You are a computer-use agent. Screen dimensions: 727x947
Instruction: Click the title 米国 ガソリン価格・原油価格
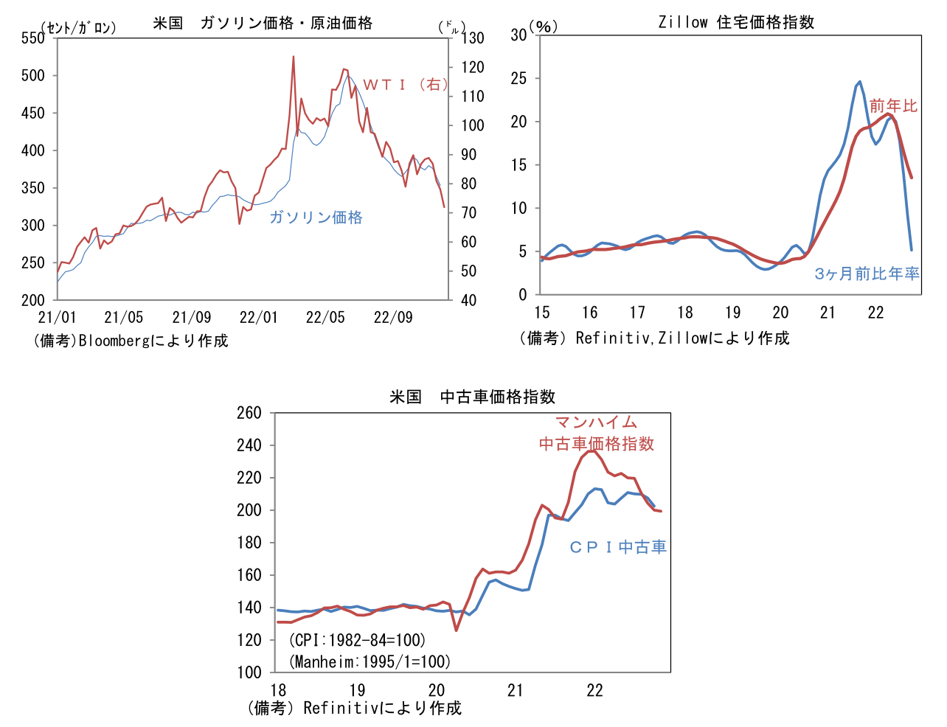(x=263, y=23)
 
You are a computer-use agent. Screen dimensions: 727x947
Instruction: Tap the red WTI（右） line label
(x=405, y=85)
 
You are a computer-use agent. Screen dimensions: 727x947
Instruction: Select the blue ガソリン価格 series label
(x=316, y=217)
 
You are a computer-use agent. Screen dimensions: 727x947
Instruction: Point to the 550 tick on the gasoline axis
(x=33, y=38)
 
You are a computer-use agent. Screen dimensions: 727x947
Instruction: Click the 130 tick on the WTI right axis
(x=473, y=38)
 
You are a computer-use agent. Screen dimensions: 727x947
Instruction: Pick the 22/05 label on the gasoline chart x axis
(x=325, y=318)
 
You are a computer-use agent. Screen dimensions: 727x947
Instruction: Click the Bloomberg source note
(x=131, y=341)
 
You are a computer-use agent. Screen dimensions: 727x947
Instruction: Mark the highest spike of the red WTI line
(x=293, y=57)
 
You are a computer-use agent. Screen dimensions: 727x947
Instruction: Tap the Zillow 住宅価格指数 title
(x=736, y=23)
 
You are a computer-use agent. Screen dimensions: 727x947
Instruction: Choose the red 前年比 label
(x=893, y=106)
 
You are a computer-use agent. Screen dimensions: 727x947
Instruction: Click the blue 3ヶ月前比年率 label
(x=867, y=274)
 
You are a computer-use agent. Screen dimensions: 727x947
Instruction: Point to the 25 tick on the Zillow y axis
(x=519, y=78)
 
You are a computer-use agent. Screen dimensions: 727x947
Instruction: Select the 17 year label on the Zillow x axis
(x=637, y=313)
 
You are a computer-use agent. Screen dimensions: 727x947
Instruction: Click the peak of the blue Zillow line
(x=859, y=82)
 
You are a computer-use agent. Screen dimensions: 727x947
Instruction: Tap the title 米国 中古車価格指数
(x=472, y=397)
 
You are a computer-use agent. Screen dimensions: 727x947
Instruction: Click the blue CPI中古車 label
(x=618, y=547)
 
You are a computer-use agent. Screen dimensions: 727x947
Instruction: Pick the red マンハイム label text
(x=596, y=422)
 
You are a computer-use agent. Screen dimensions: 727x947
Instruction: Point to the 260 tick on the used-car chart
(x=249, y=413)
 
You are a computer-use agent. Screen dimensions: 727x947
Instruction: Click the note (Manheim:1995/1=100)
(x=370, y=661)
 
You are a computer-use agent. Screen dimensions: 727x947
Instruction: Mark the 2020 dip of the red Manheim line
(x=456, y=630)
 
